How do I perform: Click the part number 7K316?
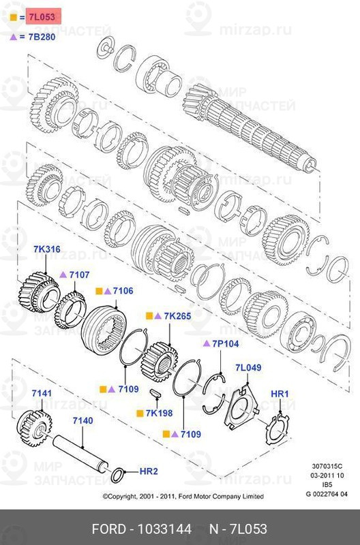pyautogui.click(x=47, y=249)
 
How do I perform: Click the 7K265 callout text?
pyautogui.click(x=177, y=317)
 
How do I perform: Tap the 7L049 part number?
pyautogui.click(x=248, y=368)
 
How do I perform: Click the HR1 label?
pyautogui.click(x=280, y=394)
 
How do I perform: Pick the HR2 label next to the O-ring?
pyautogui.click(x=149, y=471)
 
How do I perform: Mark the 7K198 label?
pyautogui.click(x=160, y=414)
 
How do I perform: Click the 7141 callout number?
pyautogui.click(x=42, y=394)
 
